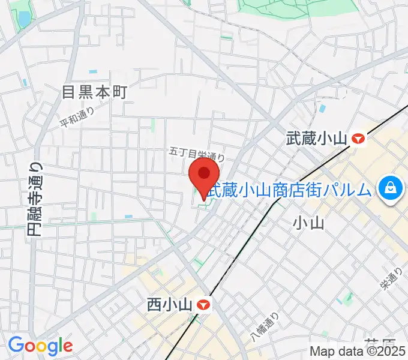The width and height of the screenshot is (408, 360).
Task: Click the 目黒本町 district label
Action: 96,92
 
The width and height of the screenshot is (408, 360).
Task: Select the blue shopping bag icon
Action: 391,187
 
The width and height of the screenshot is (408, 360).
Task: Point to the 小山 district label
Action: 308,224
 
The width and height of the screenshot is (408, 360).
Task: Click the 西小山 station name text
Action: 169,305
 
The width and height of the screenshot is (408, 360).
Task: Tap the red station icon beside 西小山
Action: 205,305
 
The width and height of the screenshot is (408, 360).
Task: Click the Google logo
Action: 40,345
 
